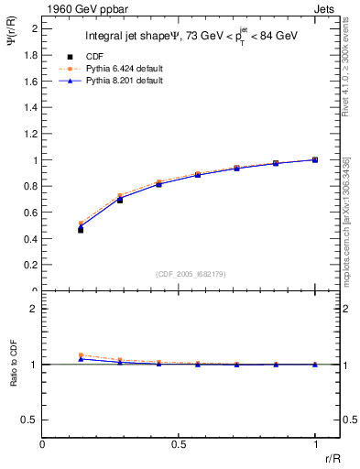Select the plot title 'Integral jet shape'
[x=127, y=38]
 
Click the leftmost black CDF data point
[x=81, y=230]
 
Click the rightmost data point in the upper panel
[x=315, y=159]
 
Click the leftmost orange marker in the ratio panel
[x=81, y=355]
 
